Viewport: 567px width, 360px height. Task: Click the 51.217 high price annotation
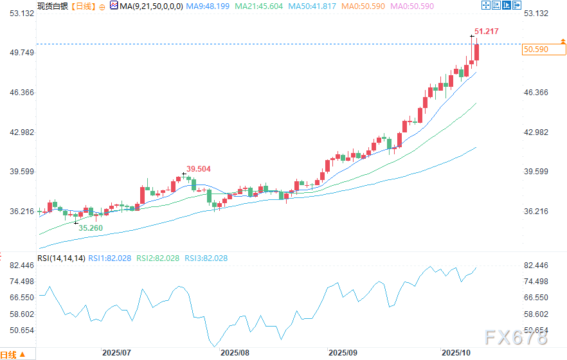(486, 31)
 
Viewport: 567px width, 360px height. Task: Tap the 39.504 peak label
(199, 168)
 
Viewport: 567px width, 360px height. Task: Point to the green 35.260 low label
(91, 228)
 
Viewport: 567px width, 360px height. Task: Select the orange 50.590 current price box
(536, 49)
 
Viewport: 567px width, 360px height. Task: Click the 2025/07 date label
(117, 353)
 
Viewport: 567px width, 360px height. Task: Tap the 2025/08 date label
(235, 353)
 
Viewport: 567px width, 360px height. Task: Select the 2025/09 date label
(343, 353)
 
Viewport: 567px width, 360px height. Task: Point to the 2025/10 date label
(455, 353)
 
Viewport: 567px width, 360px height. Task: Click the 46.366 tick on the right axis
(537, 93)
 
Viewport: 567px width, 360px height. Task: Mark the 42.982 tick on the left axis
(17, 132)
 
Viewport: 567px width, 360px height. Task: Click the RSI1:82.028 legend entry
(110, 258)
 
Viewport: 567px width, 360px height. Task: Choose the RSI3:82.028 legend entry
(206, 258)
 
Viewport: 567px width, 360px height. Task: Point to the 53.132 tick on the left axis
(17, 14)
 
